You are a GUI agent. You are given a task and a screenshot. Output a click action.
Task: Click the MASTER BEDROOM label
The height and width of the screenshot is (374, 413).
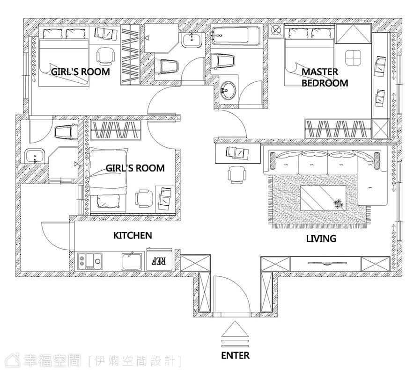tap(325, 77)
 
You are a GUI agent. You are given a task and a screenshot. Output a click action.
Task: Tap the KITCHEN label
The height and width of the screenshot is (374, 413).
tap(133, 236)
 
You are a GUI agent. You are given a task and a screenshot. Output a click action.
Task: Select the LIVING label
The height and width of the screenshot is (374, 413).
tap(321, 238)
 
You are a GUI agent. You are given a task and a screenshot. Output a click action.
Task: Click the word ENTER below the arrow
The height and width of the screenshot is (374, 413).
tap(235, 356)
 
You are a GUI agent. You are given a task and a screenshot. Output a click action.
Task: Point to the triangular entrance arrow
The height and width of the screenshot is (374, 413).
tap(235, 329)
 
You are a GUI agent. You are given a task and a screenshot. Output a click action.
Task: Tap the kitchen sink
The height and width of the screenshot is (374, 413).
tap(132, 261)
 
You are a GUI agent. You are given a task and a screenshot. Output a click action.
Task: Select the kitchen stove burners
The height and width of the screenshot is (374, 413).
tap(90, 261)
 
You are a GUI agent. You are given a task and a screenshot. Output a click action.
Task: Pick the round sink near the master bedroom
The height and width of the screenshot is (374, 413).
tap(227, 91)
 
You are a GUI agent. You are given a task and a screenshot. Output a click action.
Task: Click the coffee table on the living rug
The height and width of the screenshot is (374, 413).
tap(323, 198)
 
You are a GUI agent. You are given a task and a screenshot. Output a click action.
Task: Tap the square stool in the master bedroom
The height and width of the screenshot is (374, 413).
tap(353, 58)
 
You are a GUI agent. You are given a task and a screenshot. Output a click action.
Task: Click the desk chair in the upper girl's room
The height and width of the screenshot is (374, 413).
tap(106, 56)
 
